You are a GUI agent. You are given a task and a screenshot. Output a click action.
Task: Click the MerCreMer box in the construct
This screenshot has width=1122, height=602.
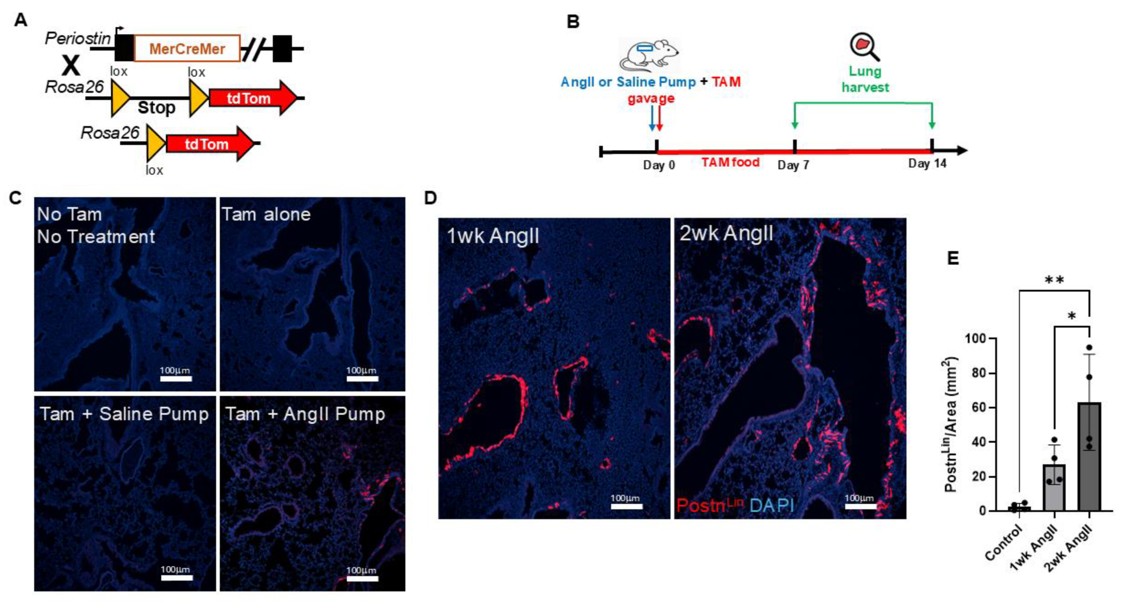pos(187,48)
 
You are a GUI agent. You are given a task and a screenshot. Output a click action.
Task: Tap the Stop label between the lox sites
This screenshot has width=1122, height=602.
pos(156,108)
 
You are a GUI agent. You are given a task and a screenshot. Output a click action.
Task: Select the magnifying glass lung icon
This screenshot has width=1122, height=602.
pos(864,47)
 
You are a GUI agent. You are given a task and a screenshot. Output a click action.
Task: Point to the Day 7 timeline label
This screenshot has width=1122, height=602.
pos(793,165)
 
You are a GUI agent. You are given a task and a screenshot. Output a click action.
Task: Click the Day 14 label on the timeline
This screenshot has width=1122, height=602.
pos(927,164)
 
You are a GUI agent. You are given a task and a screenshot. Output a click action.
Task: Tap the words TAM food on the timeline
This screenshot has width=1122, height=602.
pos(730,162)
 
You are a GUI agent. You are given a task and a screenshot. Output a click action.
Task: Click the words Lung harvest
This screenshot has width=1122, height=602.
pos(865,79)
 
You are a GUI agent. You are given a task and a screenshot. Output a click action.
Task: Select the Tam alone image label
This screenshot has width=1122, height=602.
pos(266,214)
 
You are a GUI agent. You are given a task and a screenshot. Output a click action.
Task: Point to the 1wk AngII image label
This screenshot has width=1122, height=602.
pos(493,236)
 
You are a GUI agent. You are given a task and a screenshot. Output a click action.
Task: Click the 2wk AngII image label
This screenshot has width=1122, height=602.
pos(726,233)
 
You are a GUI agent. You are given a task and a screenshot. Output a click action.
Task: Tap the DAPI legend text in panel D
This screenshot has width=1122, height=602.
pos(772,505)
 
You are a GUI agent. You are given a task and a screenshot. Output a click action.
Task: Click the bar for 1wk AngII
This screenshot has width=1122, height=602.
pos(1054,488)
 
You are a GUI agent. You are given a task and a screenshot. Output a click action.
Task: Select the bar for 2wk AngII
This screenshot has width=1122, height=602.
pos(1089,457)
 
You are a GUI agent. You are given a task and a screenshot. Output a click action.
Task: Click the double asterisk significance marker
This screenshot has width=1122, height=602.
pos(1054,280)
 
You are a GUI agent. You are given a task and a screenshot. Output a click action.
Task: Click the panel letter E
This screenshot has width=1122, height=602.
pos(953,258)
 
